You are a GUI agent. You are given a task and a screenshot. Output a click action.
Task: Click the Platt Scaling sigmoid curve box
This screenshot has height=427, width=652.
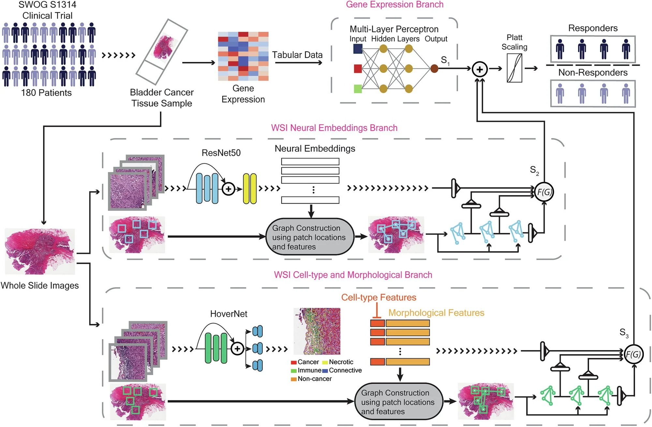coord(514,68)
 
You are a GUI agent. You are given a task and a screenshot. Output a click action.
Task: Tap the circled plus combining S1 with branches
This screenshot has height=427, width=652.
coord(480,69)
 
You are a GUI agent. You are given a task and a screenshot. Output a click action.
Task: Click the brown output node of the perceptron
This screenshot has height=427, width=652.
coord(434,68)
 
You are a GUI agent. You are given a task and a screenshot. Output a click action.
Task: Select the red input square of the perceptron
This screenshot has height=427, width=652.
coord(358,68)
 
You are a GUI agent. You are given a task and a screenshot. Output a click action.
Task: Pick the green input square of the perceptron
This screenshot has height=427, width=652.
coord(358,89)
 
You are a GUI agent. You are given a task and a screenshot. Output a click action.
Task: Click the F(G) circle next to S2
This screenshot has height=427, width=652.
coord(544,192)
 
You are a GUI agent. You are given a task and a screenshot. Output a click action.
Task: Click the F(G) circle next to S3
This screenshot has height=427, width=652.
coord(634,354)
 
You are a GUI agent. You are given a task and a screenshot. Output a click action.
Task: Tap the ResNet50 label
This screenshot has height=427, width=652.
coord(221,153)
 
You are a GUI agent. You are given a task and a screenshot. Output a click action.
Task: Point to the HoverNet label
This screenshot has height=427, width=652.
coord(229,314)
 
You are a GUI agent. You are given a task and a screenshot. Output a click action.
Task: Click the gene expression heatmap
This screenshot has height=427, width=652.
coord(243,56)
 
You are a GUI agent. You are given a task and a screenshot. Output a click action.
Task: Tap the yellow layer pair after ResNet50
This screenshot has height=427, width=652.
coord(250,189)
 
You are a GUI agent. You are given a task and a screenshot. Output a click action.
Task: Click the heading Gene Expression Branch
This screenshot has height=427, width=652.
coord(394,5)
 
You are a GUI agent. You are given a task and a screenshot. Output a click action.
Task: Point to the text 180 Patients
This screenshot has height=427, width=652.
coord(46,93)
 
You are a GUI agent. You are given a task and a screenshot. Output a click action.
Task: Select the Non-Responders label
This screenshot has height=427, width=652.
coord(593,72)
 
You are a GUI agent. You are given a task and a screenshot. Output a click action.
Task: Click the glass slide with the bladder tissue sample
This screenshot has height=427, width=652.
coord(162,51)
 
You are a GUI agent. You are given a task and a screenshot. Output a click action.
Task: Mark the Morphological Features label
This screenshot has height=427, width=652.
coord(436,313)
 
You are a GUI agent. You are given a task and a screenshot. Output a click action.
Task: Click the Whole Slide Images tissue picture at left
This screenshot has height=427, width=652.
coord(40,251)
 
